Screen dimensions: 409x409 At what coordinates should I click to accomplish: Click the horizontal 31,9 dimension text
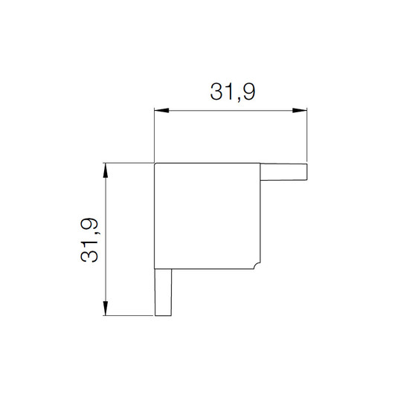coord(233,91)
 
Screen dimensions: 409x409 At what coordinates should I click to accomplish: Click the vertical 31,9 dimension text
coord(89,239)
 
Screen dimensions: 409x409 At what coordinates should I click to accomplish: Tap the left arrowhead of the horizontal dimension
coord(161,110)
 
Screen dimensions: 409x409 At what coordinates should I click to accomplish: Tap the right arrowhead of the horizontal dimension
coord(300,110)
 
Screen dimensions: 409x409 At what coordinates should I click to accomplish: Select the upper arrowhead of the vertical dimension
coord(106,170)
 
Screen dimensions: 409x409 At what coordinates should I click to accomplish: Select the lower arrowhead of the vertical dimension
coord(106,308)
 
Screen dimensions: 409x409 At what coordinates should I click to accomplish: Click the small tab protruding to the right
coord(284,172)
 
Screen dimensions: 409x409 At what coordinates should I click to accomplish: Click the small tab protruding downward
coord(164,292)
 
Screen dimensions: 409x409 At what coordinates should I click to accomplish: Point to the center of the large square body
coord(207,216)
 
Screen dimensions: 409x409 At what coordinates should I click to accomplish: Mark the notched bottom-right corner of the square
coord(257,265)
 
